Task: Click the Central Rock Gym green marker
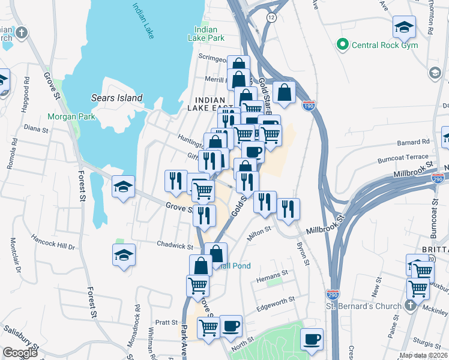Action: coord(343,44)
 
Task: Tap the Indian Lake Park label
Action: coord(209,34)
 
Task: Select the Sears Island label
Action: coord(116,98)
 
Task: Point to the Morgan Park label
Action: coord(71,116)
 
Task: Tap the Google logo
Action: coord(20,353)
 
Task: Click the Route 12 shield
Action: coord(272,17)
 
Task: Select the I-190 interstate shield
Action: coord(309,106)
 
